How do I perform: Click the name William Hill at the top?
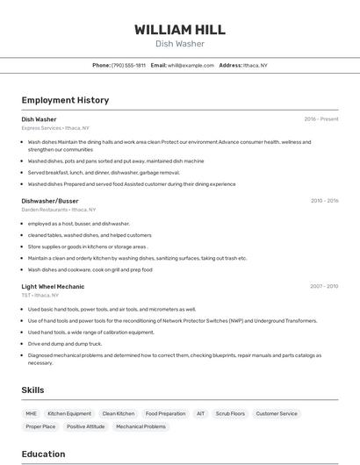179,30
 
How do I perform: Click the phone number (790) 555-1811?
129,65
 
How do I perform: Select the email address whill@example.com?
191,65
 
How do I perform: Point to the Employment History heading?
65,100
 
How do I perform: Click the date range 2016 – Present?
321,119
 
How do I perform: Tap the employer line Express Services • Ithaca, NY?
55,128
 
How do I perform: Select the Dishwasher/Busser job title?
50,201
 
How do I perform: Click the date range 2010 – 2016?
324,201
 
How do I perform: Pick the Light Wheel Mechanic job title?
53,286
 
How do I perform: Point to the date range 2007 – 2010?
324,286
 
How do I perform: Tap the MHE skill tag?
31,413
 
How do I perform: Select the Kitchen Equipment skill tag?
69,413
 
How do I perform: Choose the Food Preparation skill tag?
165,413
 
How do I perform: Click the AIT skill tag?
200,413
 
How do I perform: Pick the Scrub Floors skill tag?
230,413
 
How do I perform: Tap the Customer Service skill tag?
277,413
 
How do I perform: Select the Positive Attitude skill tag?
85,426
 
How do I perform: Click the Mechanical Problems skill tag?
140,426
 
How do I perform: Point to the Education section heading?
43,454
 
